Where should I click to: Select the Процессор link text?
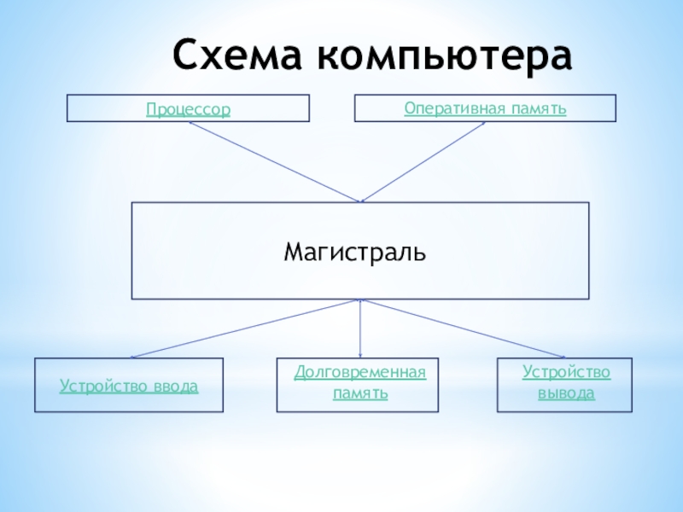(188, 110)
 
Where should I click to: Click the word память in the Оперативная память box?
(542, 108)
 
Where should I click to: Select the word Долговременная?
(359, 373)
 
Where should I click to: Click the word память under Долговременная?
(360, 393)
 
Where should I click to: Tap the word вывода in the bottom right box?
(566, 393)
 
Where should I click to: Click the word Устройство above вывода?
(566, 373)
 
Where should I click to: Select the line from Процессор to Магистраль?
(273, 161)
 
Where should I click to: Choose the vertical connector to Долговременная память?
(360, 329)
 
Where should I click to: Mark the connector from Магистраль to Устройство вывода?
(461, 329)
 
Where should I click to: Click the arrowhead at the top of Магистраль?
(360, 201)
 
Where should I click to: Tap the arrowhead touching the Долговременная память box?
(360, 356)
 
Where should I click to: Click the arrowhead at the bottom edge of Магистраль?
(360, 301)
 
